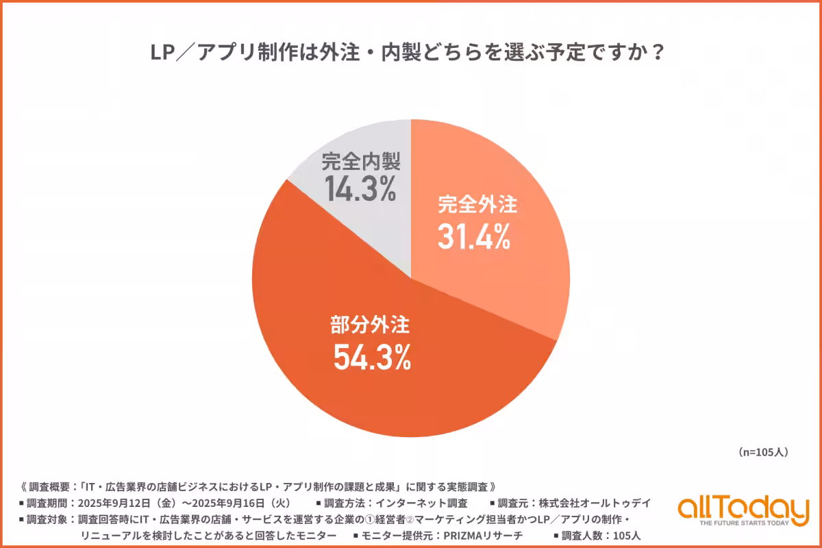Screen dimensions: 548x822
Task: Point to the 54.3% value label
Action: (372, 356)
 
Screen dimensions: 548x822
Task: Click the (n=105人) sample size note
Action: (764, 453)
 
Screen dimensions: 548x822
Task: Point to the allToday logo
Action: (743, 508)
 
